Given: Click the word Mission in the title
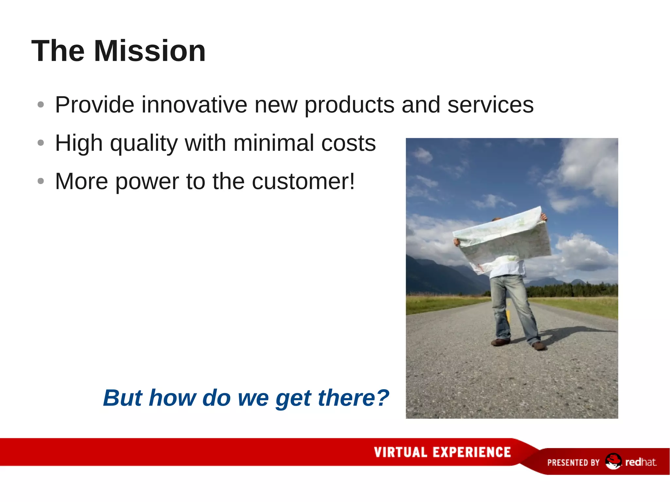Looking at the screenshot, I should [x=150, y=51].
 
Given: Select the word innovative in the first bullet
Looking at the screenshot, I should [x=194, y=105].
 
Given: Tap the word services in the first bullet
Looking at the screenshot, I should [x=490, y=105].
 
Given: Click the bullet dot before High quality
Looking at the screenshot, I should [x=41, y=143].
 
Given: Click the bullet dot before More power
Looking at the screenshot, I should [x=41, y=181].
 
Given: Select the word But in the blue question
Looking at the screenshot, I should [x=122, y=398].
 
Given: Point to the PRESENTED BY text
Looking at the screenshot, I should [x=573, y=462].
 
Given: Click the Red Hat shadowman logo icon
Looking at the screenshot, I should [x=613, y=461].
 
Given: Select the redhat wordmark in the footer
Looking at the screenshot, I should [x=640, y=462].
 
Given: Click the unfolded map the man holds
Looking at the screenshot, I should [x=504, y=239].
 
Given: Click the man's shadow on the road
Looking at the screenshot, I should [x=576, y=332].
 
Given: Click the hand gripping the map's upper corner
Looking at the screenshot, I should [x=544, y=216].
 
